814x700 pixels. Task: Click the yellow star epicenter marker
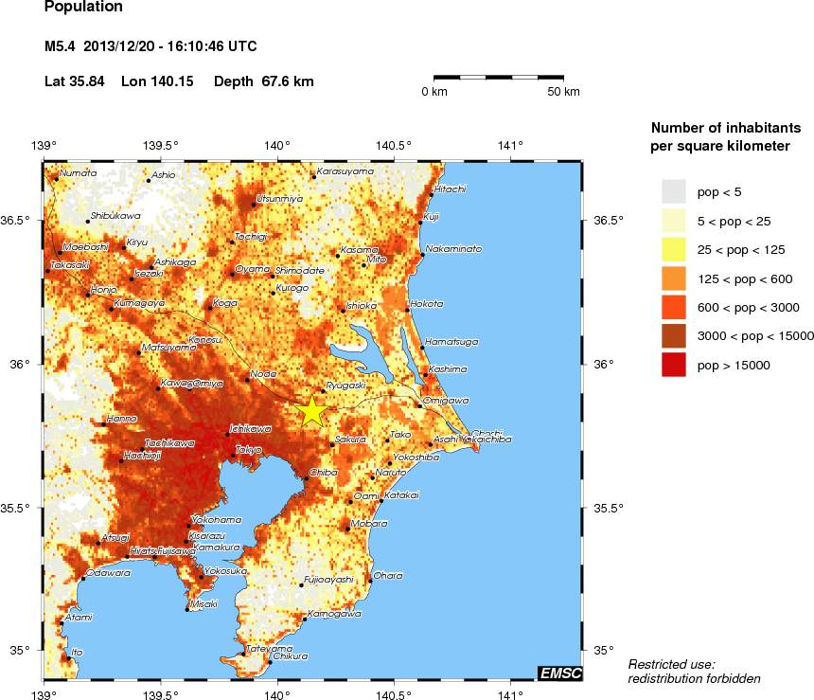tap(311, 411)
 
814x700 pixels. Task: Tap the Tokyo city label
tap(248, 449)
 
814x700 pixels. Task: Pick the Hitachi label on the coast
tap(450, 189)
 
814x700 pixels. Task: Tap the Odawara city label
tap(108, 573)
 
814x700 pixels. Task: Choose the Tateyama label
tap(264, 649)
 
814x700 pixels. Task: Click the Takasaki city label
tap(69, 265)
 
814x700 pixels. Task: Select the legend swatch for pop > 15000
tap(673, 365)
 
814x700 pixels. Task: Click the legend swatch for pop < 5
tap(673, 192)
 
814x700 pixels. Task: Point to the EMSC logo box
tap(559, 673)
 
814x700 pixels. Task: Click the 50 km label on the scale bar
tap(565, 92)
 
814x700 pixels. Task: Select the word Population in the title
tap(83, 8)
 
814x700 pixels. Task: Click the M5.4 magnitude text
tap(61, 45)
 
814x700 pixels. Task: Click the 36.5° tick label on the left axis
tap(20, 221)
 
